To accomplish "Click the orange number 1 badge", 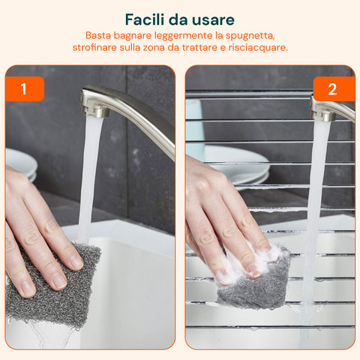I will (24, 89).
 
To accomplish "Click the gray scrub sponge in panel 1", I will (56, 285).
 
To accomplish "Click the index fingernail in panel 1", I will (76, 262).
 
